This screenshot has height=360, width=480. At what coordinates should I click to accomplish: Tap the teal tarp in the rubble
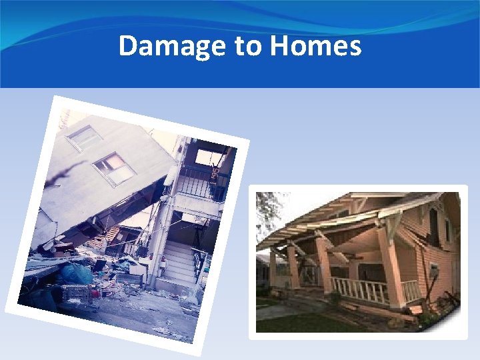pyautogui.click(x=76, y=273)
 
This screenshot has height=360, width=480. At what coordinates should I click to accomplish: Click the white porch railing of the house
pyautogui.click(x=360, y=290)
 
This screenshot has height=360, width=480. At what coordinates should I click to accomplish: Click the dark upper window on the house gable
pyautogui.click(x=434, y=220)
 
